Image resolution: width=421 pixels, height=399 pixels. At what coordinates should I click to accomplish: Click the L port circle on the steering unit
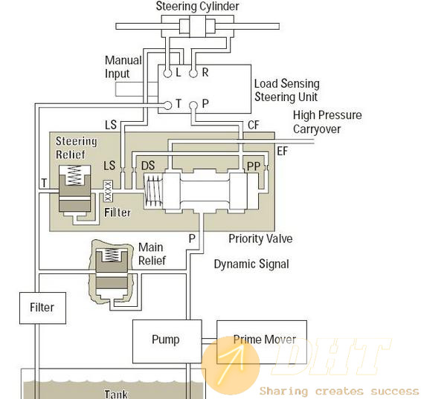pos(167,74)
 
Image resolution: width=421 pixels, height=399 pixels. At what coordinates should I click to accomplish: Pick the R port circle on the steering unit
pos(193,74)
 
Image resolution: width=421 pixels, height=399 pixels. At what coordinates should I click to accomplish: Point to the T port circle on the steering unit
pos(167,106)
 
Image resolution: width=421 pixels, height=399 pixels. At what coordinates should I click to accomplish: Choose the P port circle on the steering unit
pos(193,106)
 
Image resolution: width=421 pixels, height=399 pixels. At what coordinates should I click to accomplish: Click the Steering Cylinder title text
pos(197,6)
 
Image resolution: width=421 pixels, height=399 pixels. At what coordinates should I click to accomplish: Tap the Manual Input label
pos(123,67)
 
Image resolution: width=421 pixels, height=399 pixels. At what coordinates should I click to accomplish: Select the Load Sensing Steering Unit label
pos(287,91)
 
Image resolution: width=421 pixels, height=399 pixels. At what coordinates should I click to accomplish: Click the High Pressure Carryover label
pos(327,122)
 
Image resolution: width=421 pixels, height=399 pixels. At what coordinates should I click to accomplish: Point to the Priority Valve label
pos(260,239)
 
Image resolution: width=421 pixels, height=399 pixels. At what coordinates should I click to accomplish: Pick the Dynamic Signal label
pos(251,264)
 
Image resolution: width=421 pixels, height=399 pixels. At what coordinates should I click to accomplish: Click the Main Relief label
pos(152,254)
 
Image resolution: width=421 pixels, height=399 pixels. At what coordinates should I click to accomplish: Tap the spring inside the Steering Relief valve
pos(74,175)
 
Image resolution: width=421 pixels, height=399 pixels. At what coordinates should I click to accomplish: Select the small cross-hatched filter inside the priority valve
pos(108,191)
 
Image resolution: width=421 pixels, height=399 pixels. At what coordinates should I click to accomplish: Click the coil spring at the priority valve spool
pos(153,190)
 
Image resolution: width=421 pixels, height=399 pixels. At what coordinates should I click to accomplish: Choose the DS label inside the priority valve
pos(148,166)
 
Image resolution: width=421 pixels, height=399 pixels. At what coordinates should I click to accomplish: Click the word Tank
pos(116,394)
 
